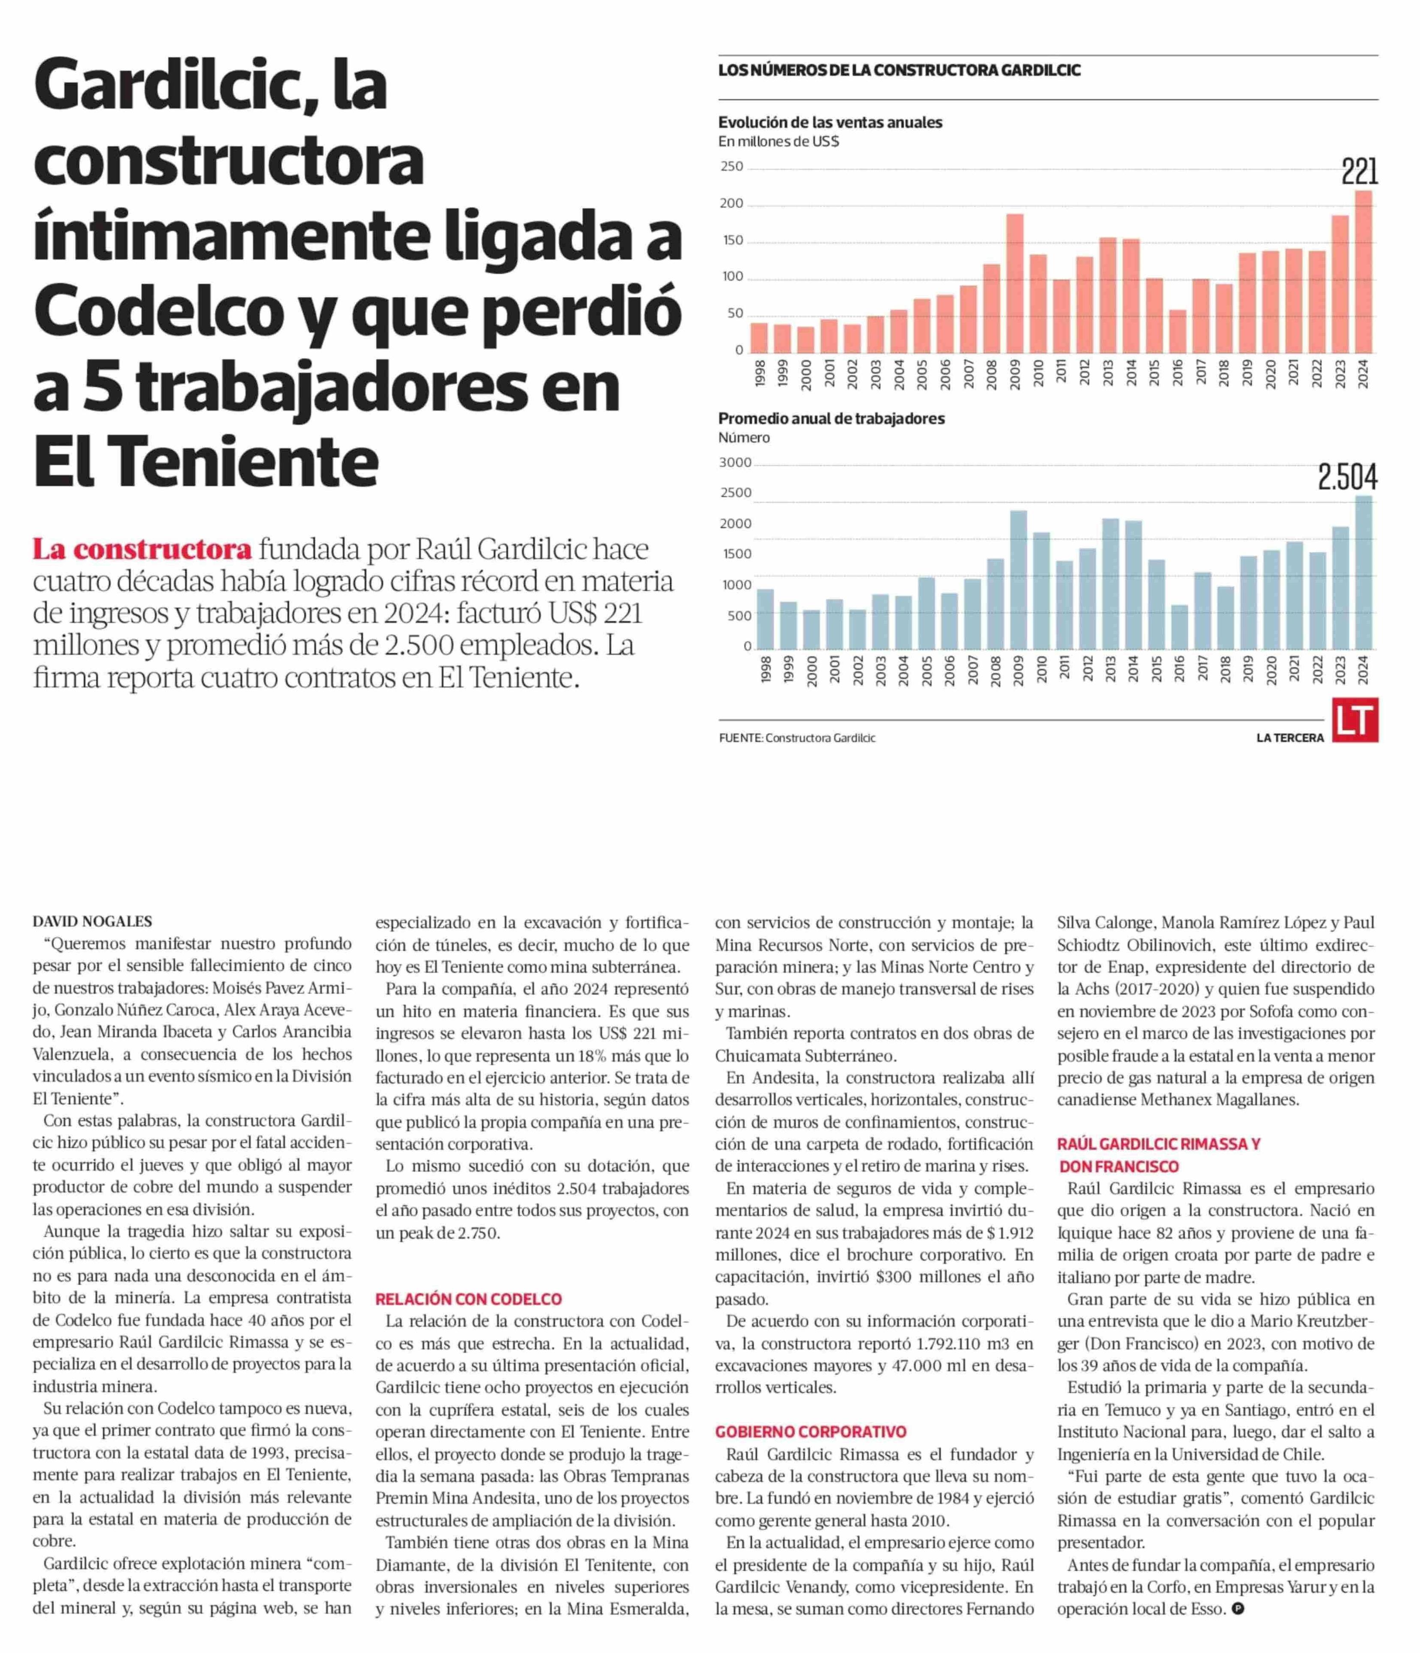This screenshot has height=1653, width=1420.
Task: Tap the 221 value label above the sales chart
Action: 1359,172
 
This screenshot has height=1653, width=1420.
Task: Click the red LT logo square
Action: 1355,720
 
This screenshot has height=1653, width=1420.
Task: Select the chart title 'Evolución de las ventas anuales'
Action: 830,122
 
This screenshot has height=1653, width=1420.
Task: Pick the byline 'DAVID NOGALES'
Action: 92,922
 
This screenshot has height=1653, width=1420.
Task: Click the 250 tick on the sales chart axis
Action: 732,167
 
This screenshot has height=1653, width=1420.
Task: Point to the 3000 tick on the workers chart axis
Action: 735,463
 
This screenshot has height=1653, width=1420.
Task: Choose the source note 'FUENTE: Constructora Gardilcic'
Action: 797,738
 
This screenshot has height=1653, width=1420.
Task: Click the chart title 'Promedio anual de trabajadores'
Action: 832,418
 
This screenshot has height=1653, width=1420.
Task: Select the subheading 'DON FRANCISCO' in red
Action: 1119,1167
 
